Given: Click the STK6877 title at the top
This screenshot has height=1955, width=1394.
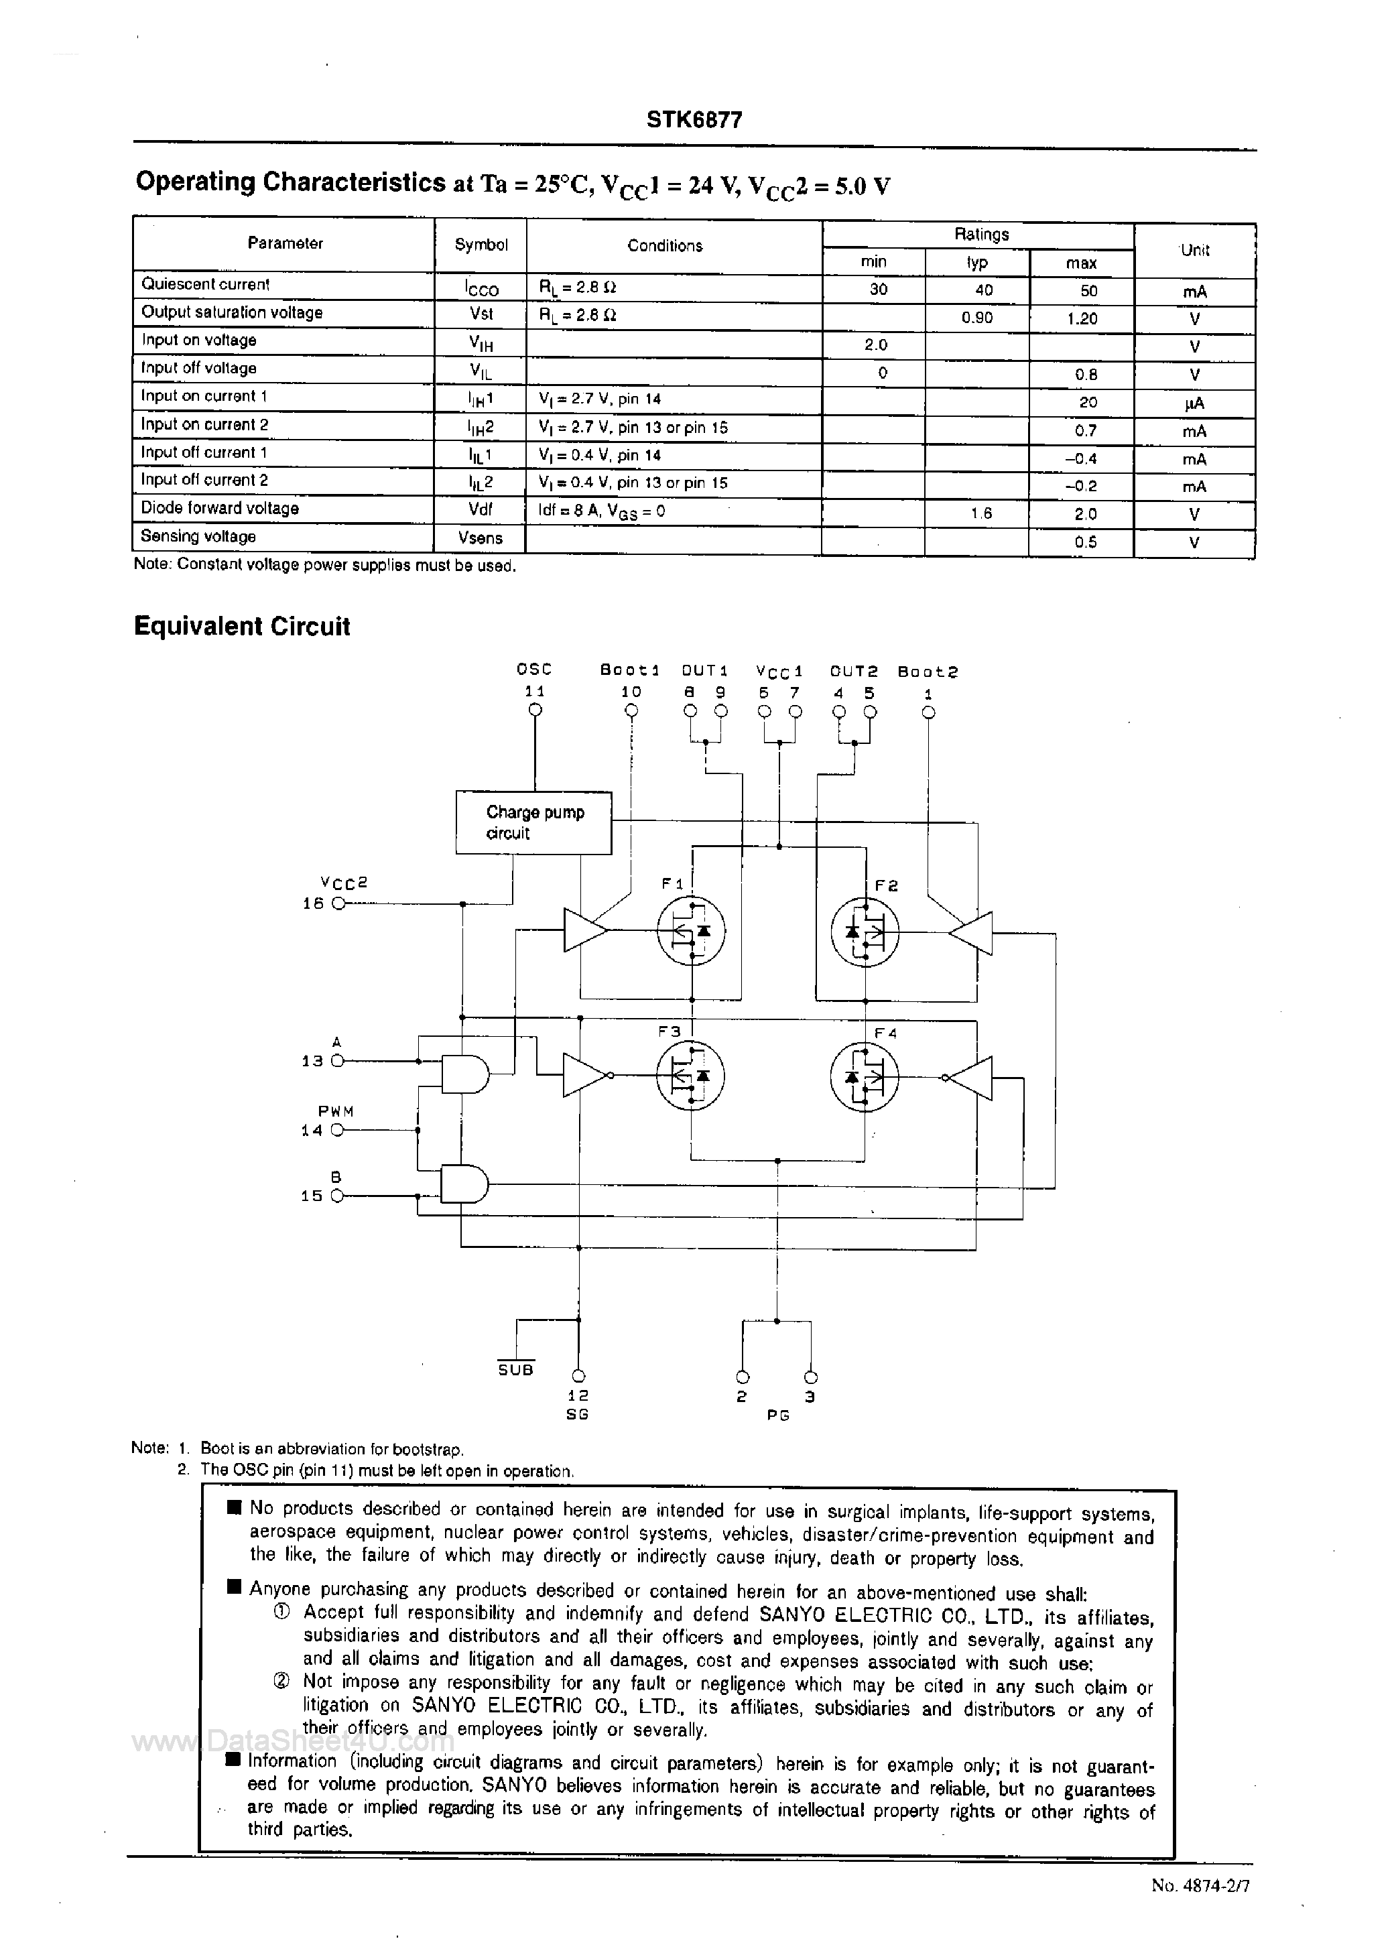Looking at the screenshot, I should pos(694,120).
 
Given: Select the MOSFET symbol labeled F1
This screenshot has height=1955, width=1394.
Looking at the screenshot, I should pos(691,931).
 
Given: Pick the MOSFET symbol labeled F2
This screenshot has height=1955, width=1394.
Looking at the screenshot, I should pos(865,931).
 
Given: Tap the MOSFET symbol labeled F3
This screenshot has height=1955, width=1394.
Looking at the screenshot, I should pos(691,1076).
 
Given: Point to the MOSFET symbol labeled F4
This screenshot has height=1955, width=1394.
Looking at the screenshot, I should pos(865,1076).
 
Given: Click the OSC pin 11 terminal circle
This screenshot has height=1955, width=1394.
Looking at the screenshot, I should pos(535,710).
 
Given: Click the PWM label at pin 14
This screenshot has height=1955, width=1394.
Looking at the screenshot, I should pos(336,1111).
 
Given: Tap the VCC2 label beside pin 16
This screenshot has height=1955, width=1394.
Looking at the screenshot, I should pos(343,882).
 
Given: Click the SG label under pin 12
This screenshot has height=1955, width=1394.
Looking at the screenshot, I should pos(578,1413).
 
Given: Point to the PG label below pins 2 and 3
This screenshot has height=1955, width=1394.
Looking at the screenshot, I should pos(777,1414).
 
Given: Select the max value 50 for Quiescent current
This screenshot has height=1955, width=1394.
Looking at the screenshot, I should pos(1088,290).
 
